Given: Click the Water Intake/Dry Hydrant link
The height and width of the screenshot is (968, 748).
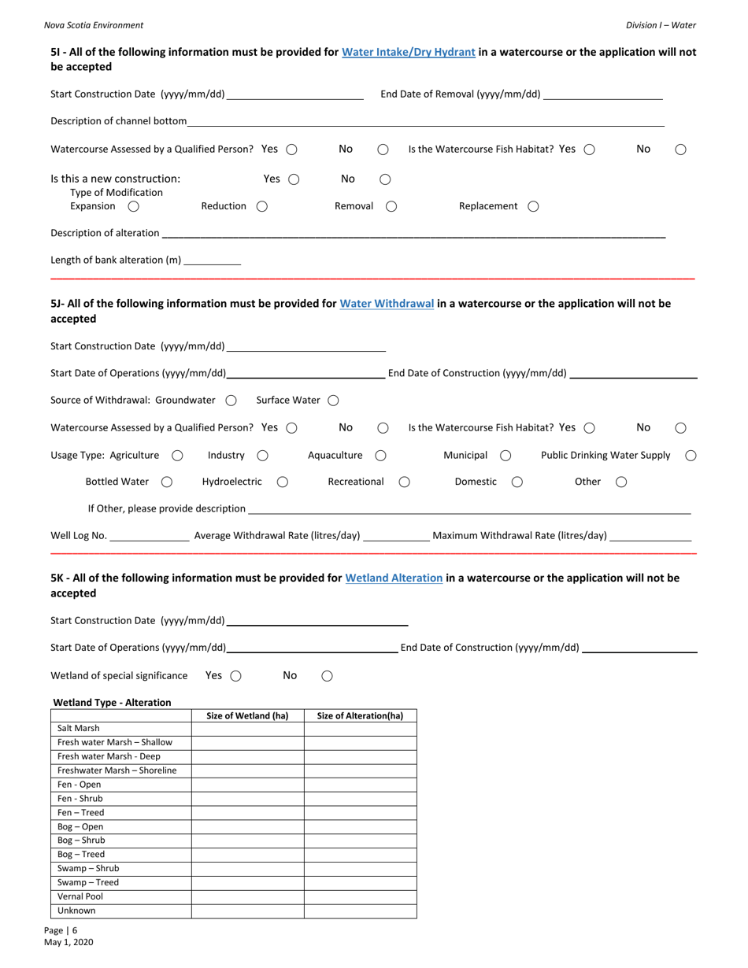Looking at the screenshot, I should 408,53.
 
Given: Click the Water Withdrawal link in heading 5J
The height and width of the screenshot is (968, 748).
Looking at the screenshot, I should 387,304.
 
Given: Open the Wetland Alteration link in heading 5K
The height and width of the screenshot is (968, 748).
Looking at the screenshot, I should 394,578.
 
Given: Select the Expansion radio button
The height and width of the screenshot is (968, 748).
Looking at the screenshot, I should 133,206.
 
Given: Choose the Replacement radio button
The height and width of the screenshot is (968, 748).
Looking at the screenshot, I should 533,206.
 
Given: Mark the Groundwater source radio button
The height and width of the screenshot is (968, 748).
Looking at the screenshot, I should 231,401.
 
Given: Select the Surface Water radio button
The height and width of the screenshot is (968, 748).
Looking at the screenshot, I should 333,401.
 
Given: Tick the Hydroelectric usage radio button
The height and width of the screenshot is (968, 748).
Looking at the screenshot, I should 283,482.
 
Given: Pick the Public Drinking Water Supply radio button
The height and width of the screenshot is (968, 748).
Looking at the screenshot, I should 691,456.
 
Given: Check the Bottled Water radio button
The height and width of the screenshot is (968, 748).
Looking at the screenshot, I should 167,482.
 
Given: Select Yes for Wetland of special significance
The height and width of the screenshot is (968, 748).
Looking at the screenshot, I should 235,676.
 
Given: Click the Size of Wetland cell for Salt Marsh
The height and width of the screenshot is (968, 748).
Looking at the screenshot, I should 247,729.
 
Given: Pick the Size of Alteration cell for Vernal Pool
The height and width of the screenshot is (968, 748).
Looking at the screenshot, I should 360,897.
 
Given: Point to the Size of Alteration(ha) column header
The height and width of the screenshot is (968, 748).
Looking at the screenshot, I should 360,716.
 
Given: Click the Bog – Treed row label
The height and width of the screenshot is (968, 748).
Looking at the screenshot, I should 81,855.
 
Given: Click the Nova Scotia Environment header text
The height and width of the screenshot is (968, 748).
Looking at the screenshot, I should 94,25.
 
